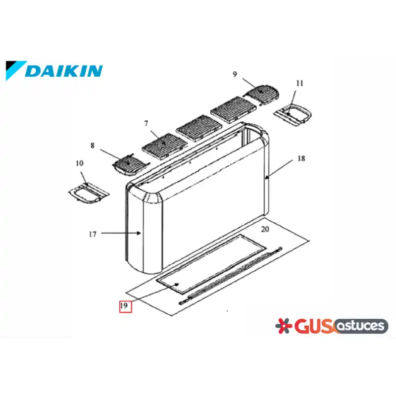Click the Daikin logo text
tap(64, 71)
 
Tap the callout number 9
tap(235, 74)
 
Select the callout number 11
tap(299, 83)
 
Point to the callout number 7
tap(146, 123)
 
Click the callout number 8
tap(93, 146)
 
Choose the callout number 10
tap(80, 163)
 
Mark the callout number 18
tap(301, 158)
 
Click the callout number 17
tap(93, 234)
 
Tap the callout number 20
tap(265, 229)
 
